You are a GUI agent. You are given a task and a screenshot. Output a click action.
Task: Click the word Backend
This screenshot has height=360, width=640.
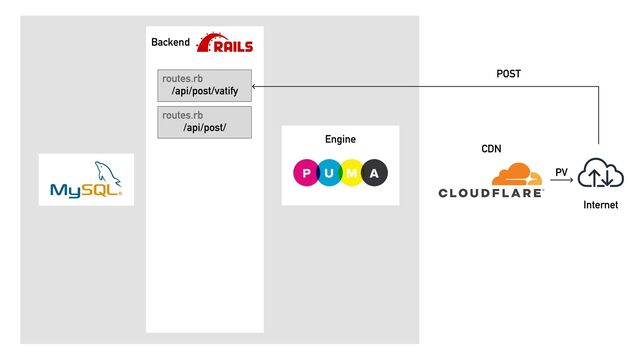pyautogui.click(x=170, y=42)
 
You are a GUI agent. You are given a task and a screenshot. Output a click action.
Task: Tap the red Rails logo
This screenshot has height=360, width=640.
pyautogui.click(x=225, y=42)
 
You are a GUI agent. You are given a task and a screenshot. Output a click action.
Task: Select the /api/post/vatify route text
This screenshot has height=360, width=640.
pyautogui.click(x=204, y=91)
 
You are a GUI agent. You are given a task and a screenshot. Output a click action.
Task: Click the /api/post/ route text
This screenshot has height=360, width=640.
pyautogui.click(x=204, y=127)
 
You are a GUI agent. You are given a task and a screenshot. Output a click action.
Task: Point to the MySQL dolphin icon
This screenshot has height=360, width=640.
pyautogui.click(x=107, y=173)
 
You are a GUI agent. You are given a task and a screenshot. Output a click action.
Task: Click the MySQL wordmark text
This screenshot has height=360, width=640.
pyautogui.click(x=86, y=190)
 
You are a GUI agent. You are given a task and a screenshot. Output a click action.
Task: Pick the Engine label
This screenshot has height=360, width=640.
pyautogui.click(x=340, y=139)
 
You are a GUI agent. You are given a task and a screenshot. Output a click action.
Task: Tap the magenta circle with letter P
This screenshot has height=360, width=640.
pyautogui.click(x=306, y=173)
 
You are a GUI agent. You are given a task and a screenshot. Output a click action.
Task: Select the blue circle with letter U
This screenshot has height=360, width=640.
pyautogui.click(x=329, y=173)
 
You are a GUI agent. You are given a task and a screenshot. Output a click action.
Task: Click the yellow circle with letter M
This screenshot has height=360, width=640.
pyautogui.click(x=351, y=173)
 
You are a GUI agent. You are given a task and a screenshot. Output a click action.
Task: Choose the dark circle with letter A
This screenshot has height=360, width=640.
pyautogui.click(x=374, y=173)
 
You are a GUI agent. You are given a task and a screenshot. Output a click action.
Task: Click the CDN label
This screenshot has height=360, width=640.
pyautogui.click(x=491, y=149)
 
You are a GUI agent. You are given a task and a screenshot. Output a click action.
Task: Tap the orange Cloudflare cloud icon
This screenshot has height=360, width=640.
pyautogui.click(x=517, y=175)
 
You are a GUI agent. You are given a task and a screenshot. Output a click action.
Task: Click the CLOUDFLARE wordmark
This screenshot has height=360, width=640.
pyautogui.click(x=491, y=193)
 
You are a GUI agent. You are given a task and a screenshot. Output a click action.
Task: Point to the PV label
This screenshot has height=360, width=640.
pyautogui.click(x=561, y=172)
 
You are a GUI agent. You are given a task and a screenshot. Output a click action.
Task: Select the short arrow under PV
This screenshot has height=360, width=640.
pyautogui.click(x=562, y=180)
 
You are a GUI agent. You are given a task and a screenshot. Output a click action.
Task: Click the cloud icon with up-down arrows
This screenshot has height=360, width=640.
pyautogui.click(x=600, y=173)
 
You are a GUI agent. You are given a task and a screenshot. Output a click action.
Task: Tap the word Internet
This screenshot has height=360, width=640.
pyautogui.click(x=600, y=205)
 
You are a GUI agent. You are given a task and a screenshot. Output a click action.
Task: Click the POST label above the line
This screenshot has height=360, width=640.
pyautogui.click(x=509, y=74)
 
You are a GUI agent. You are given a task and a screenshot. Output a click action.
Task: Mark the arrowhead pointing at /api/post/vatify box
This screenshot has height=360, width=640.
pyautogui.click(x=253, y=87)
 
